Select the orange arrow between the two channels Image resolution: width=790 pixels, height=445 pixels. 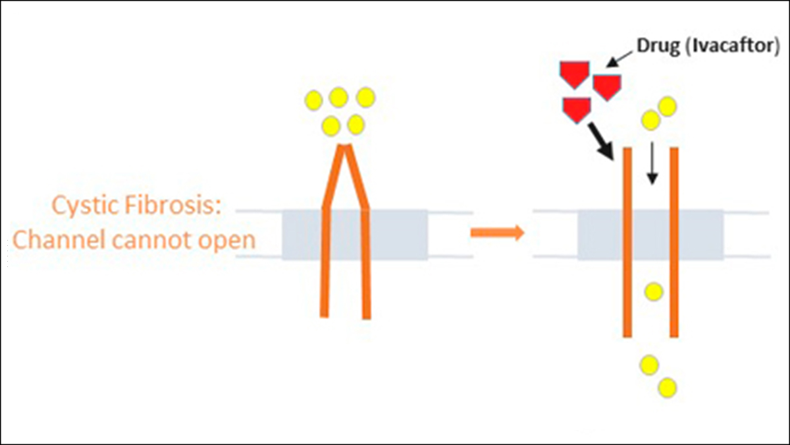pyautogui.click(x=497, y=232)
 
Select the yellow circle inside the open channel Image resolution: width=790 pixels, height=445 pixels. pyautogui.click(x=654, y=291)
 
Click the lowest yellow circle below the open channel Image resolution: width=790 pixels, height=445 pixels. pyautogui.click(x=667, y=387)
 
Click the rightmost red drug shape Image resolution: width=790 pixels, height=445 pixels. pyautogui.click(x=607, y=86)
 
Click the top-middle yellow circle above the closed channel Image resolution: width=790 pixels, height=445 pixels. pyautogui.click(x=338, y=98)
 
